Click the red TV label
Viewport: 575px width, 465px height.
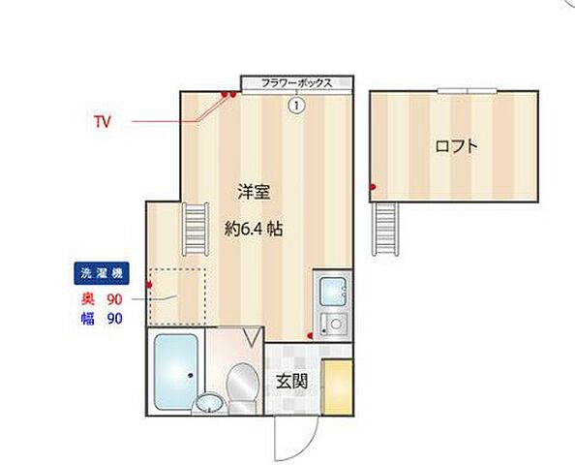(x=102, y=122)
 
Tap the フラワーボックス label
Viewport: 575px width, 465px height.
(x=297, y=83)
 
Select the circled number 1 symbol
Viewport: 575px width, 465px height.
(x=296, y=105)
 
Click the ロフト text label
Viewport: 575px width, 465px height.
(x=455, y=147)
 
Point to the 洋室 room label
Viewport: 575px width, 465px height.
(x=254, y=193)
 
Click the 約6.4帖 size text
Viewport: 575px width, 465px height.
(x=254, y=231)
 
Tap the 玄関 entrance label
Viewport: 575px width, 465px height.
(x=291, y=381)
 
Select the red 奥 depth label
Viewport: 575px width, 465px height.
(x=86, y=299)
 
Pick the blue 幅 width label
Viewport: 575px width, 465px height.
(x=86, y=318)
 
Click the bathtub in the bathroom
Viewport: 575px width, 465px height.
(x=176, y=366)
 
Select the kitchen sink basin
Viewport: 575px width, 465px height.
(x=331, y=290)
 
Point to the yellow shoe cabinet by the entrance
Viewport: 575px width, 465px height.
(x=338, y=387)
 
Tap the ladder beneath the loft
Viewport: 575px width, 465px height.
(x=385, y=229)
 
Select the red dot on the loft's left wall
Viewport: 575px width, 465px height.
(x=372, y=185)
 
